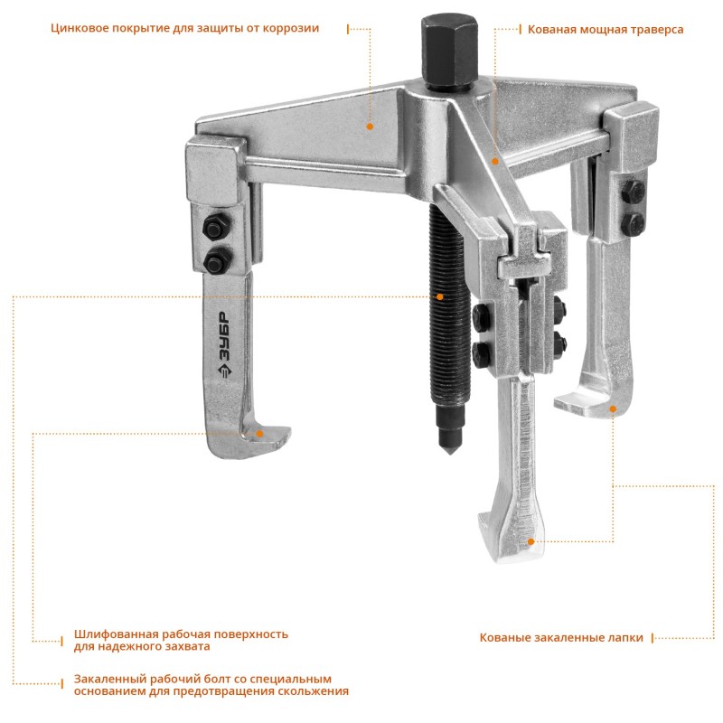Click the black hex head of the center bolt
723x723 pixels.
click(448, 50)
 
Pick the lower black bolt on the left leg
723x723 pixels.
click(218, 261)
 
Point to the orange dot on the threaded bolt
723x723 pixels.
click(440, 296)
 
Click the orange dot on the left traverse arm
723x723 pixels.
click(370, 127)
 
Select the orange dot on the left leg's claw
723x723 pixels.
click(259, 434)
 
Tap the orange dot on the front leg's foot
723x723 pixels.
click(531, 541)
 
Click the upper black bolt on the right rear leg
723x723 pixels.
click(633, 191)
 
